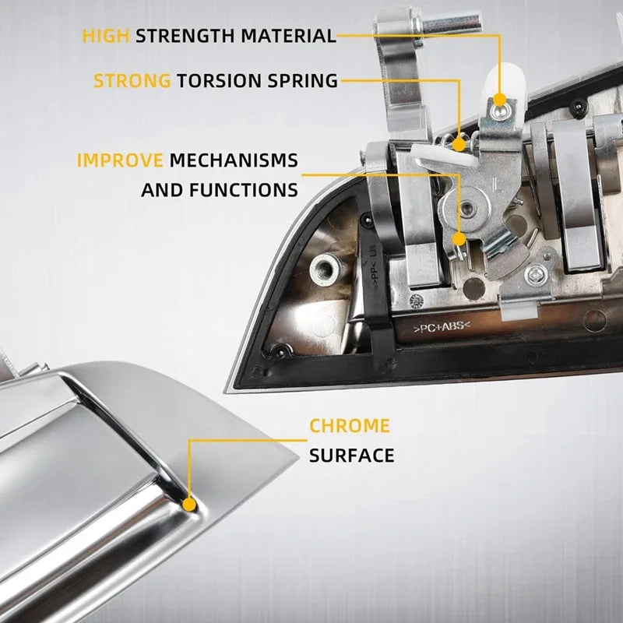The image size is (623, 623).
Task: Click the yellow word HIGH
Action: point(106,36)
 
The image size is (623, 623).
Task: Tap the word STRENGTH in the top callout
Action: point(185,36)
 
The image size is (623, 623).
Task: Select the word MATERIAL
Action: point(288,36)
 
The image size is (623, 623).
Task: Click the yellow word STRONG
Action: point(132,81)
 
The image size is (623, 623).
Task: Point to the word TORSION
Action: point(219,81)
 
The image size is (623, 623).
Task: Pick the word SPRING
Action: point(303,81)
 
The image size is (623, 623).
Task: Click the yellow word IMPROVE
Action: point(120,160)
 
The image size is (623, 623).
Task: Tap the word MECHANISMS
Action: point(234,160)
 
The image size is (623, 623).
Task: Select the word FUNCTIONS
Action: point(244,190)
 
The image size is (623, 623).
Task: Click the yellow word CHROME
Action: point(350,426)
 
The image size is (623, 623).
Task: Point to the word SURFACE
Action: point(352,456)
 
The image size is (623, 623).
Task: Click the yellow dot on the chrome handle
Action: point(189,505)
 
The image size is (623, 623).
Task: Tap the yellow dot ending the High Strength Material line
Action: point(500,100)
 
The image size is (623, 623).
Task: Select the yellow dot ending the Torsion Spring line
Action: point(459,144)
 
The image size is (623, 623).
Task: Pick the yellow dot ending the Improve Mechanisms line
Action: point(459,239)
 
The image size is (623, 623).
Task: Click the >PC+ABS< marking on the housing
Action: point(442,327)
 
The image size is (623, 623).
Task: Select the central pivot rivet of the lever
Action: point(466,207)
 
